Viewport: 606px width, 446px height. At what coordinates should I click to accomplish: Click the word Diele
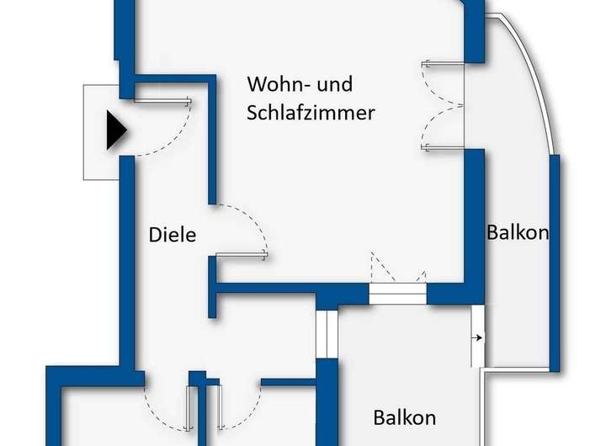coord(173,234)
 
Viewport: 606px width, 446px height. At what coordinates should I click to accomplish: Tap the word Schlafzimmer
coord(311,114)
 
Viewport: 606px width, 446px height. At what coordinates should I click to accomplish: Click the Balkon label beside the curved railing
coord(518,232)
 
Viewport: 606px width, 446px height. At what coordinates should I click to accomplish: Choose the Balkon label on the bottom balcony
coord(405,417)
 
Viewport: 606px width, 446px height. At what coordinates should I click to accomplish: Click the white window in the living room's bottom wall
coord(397,293)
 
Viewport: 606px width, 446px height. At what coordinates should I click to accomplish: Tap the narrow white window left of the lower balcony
coord(322,334)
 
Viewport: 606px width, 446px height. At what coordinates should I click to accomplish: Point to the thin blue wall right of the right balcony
coord(555,261)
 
